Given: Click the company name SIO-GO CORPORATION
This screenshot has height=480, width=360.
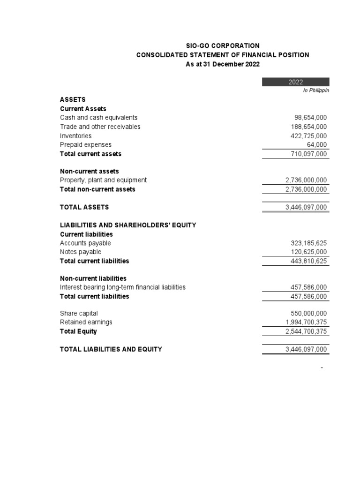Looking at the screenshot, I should pyautogui.click(x=223, y=45).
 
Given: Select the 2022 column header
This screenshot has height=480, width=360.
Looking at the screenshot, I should pyautogui.click(x=295, y=82).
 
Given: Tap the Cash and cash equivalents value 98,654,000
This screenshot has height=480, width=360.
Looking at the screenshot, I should pyautogui.click(x=309, y=118).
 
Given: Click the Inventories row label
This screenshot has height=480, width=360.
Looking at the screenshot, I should pyautogui.click(x=75, y=136).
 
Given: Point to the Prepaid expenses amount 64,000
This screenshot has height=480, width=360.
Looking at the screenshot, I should pyautogui.click(x=317, y=145).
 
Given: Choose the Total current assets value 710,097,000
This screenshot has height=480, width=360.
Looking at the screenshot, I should pyautogui.click(x=309, y=154).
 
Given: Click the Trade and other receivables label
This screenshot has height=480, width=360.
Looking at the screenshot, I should pyautogui.click(x=100, y=127).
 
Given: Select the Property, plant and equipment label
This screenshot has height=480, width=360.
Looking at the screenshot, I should pyautogui.click(x=103, y=180).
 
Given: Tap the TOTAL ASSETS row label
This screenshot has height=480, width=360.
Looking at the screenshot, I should pyautogui.click(x=84, y=207).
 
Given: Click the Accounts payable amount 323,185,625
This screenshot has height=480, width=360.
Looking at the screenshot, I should pyautogui.click(x=309, y=243).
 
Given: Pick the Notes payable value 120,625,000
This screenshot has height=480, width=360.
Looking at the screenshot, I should pyautogui.click(x=309, y=252).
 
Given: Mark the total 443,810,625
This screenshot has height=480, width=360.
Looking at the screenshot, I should pyautogui.click(x=309, y=261).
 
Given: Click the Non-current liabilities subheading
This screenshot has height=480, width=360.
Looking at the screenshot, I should pyautogui.click(x=93, y=278).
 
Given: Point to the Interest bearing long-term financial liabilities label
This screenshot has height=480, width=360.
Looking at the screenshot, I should pyautogui.click(x=123, y=287).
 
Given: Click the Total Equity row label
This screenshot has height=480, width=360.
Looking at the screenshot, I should pyautogui.click(x=78, y=331).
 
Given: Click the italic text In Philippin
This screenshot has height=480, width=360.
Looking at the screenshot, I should pyautogui.click(x=316, y=90).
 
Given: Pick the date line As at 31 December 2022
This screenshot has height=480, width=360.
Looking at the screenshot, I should pyautogui.click(x=223, y=64).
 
